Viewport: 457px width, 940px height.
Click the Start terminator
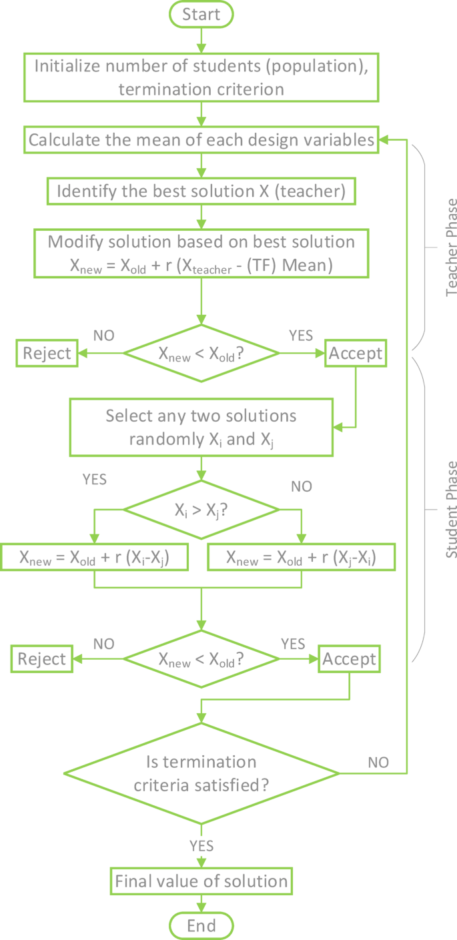pos(201,14)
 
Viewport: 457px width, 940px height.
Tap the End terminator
pos(201,925)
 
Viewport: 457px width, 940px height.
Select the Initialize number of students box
pos(201,77)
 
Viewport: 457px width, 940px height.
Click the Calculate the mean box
pos(201,140)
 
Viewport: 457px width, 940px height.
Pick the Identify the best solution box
pos(201,191)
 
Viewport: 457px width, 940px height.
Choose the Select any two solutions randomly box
pos(201,428)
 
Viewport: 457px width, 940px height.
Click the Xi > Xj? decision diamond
pos(201,510)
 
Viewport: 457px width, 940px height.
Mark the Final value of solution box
pos(201,881)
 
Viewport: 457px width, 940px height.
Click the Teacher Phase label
pos(452,238)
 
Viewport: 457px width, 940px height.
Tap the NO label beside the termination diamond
pos(378,761)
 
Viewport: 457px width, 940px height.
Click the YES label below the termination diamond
pos(201,845)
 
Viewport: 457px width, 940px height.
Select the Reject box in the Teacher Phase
pos(46,353)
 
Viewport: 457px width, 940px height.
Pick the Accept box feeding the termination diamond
pos(350,659)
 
